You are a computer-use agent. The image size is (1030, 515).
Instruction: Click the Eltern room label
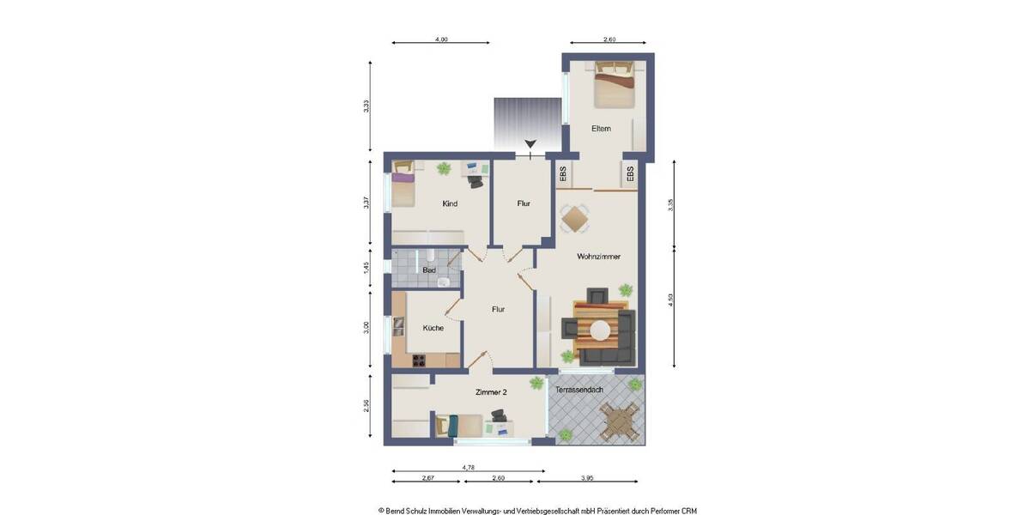pyautogui.click(x=601, y=129)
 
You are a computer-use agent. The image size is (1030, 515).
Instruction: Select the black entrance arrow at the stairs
pyautogui.click(x=530, y=144)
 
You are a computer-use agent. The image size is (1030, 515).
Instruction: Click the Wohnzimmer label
pyautogui.click(x=598, y=257)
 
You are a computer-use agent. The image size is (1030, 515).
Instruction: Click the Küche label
pyautogui.click(x=433, y=328)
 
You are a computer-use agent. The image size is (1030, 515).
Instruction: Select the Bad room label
pyautogui.click(x=429, y=270)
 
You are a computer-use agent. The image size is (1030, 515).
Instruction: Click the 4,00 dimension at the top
pyautogui.click(x=441, y=39)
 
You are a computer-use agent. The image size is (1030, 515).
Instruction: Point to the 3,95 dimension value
pyautogui.click(x=587, y=477)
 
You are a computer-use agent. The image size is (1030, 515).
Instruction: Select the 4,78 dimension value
pyautogui.click(x=469, y=467)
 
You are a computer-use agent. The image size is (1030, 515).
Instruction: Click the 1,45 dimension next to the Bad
pyautogui.click(x=367, y=267)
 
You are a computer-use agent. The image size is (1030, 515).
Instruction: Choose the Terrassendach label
pyautogui.click(x=579, y=390)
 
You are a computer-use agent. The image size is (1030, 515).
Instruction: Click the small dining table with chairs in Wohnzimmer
pyautogui.click(x=573, y=218)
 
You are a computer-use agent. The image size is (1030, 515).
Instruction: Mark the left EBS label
pyautogui.click(x=564, y=174)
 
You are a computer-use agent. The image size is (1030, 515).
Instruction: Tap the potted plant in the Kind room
pyautogui.click(x=444, y=169)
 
